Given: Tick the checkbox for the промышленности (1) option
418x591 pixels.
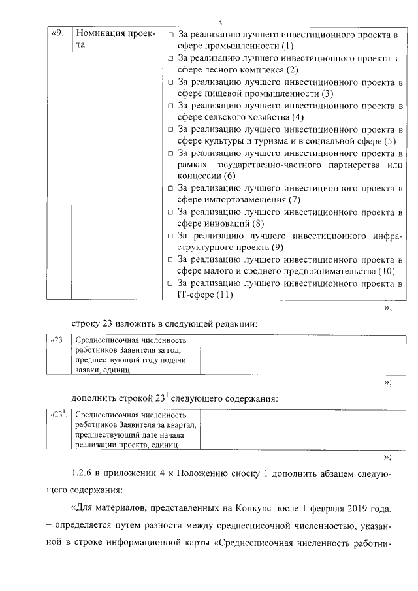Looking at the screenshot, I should pos(170,34).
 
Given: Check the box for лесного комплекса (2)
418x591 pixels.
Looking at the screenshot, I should pos(170,58).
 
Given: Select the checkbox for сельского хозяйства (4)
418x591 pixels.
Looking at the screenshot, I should pos(170,106).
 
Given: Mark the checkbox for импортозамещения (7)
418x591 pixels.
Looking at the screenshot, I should pos(170,189).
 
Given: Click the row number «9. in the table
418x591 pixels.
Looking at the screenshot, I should pos(57,33).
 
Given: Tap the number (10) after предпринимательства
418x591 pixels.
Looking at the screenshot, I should pos(387,271).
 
